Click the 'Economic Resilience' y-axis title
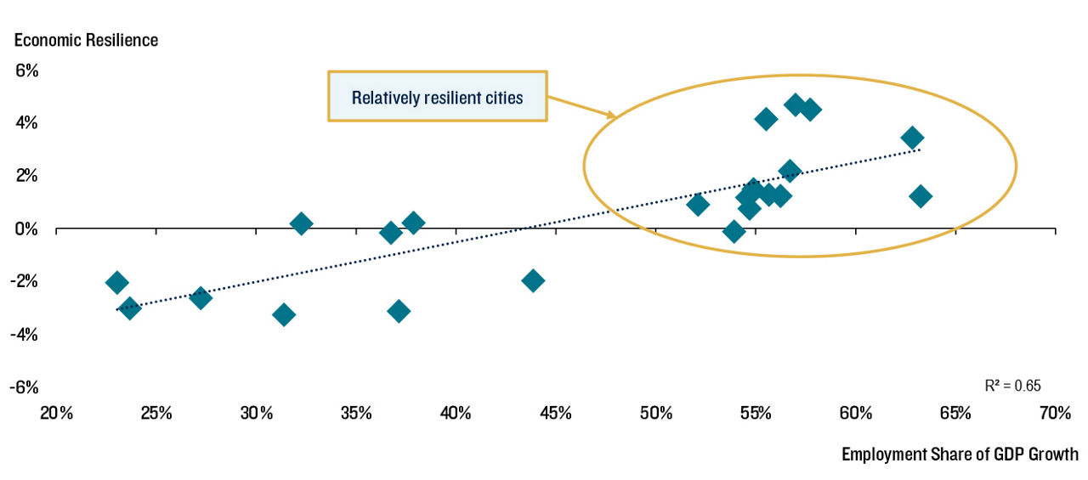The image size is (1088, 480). click(x=86, y=40)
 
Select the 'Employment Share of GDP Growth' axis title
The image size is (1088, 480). click(x=960, y=455)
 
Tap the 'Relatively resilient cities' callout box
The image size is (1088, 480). click(x=438, y=96)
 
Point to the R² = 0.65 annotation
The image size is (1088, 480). click(x=1012, y=386)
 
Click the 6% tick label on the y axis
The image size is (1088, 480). click(x=26, y=71)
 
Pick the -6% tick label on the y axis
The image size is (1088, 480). click(x=24, y=387)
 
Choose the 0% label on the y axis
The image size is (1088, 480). click(x=26, y=229)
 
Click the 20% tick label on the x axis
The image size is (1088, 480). click(x=56, y=413)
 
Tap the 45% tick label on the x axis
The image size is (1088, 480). click(x=556, y=413)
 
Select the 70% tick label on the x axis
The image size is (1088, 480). click(x=1055, y=413)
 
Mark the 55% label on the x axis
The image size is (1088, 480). click(x=756, y=413)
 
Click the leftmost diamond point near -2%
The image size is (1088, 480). click(x=116, y=282)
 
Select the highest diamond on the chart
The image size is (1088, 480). click(x=795, y=104)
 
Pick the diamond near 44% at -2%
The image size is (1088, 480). click(x=533, y=280)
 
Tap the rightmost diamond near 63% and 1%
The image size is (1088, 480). click(x=921, y=196)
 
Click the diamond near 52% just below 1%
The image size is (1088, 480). click(x=698, y=205)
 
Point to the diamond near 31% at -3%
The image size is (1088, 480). click(x=284, y=315)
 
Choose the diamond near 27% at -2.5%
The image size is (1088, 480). click(x=201, y=297)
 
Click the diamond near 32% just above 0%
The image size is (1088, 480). click(x=301, y=223)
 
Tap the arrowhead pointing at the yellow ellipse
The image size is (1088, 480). click(x=612, y=115)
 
